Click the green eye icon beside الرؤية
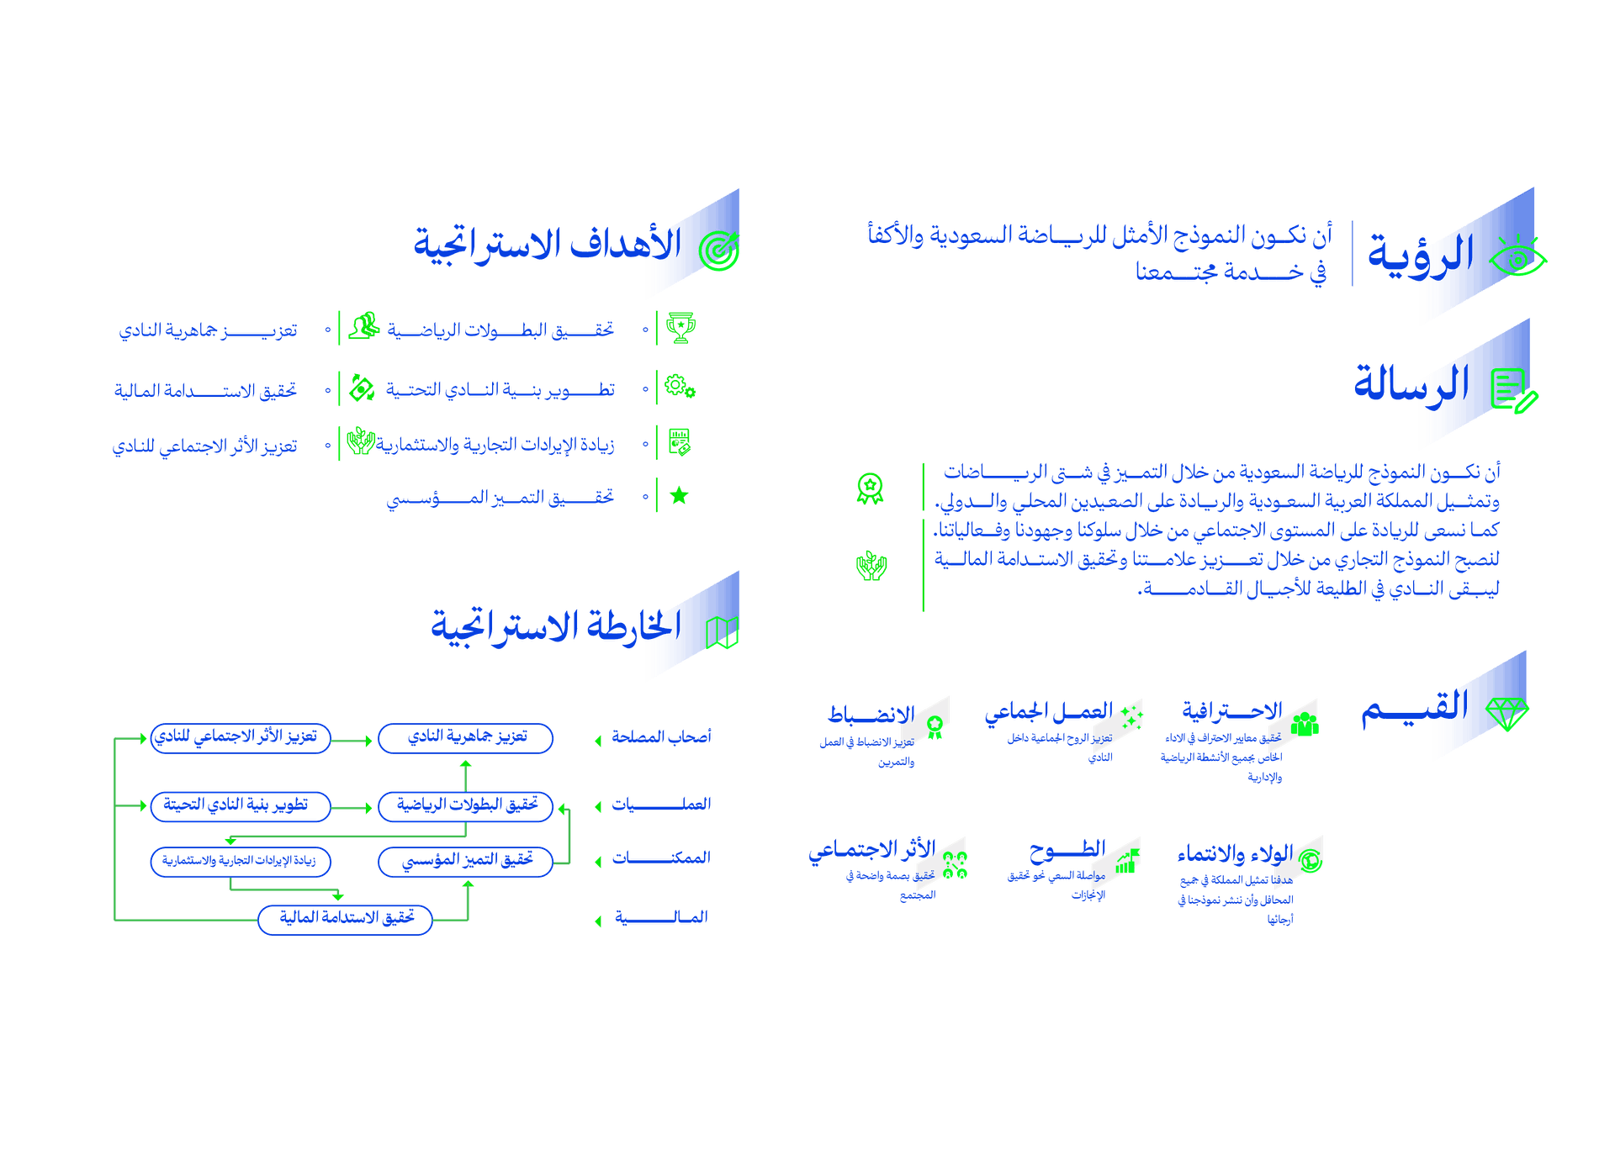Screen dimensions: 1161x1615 pos(1518,259)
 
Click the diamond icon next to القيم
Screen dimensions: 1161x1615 pos(1506,714)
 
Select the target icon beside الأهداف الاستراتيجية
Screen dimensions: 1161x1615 pos(720,251)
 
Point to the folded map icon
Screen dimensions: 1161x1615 pos(722,633)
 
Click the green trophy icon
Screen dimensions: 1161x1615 pos(680,328)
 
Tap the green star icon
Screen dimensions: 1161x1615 pos(679,496)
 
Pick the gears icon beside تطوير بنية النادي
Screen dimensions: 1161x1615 pos(679,387)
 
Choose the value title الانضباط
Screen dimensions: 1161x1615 pos(871,715)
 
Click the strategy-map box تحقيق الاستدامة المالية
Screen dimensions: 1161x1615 pos(345,919)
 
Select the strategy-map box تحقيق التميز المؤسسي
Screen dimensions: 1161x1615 pos(466,862)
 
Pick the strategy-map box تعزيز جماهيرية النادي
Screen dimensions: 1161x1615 pos(466,738)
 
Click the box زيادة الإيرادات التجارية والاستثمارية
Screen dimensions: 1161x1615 pos(240,862)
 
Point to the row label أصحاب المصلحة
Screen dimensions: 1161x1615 pos(661,737)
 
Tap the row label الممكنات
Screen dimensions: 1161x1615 pos(661,859)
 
